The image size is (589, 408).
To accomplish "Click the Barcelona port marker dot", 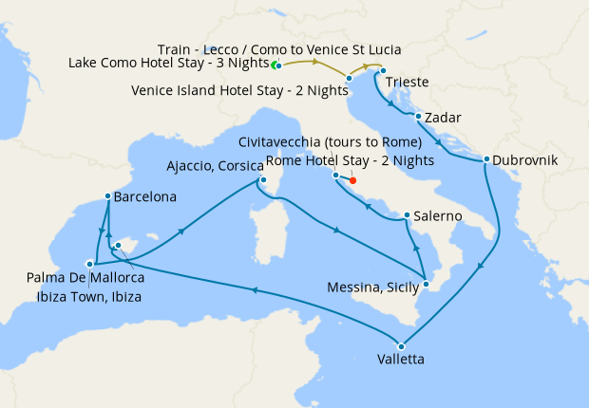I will [x=106, y=198].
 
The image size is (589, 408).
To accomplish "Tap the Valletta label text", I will [x=400, y=360].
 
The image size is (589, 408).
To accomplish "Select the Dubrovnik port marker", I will [x=486, y=159].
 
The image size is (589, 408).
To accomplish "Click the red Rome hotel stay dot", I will [x=352, y=179].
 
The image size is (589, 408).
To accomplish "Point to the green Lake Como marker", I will [x=275, y=65].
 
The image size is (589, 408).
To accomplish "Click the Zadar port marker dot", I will [x=419, y=117].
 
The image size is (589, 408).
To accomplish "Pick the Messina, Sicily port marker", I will [x=427, y=284].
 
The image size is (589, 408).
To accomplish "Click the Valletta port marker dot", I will [x=401, y=345].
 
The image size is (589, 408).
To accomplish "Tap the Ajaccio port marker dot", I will [x=263, y=181].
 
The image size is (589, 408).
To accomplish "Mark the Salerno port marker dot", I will [x=407, y=215].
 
